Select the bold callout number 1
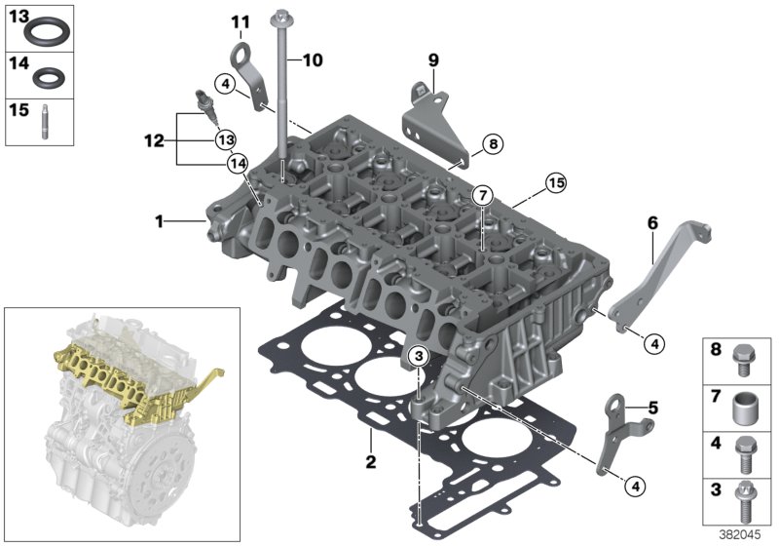[158, 222]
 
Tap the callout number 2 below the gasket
[370, 458]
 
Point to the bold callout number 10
[311, 60]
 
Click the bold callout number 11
[240, 21]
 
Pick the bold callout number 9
[433, 59]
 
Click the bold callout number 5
[652, 407]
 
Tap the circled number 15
[555, 181]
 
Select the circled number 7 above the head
[481, 197]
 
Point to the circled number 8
[492, 144]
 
